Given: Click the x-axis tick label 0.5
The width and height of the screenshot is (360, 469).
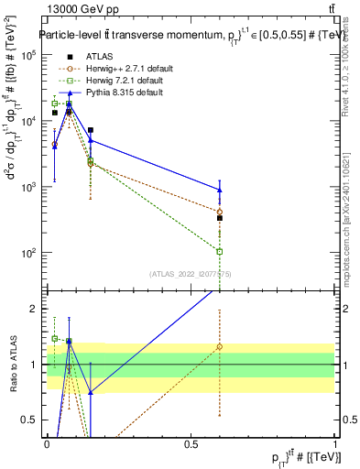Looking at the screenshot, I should [x=191, y=444].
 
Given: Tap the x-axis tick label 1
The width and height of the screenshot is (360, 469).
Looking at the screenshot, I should [x=335, y=444].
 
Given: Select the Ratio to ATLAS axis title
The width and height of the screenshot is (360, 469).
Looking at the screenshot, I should [x=13, y=365].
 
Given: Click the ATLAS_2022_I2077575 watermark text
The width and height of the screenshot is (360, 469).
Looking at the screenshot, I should [x=191, y=273].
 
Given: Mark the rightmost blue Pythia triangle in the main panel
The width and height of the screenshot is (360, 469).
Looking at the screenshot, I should [x=220, y=190].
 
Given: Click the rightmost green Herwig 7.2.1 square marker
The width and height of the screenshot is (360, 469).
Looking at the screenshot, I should [x=220, y=251].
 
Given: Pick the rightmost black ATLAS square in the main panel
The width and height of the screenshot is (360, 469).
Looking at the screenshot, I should [x=220, y=218].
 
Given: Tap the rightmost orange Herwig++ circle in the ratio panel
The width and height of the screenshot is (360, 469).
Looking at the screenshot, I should [x=220, y=347].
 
